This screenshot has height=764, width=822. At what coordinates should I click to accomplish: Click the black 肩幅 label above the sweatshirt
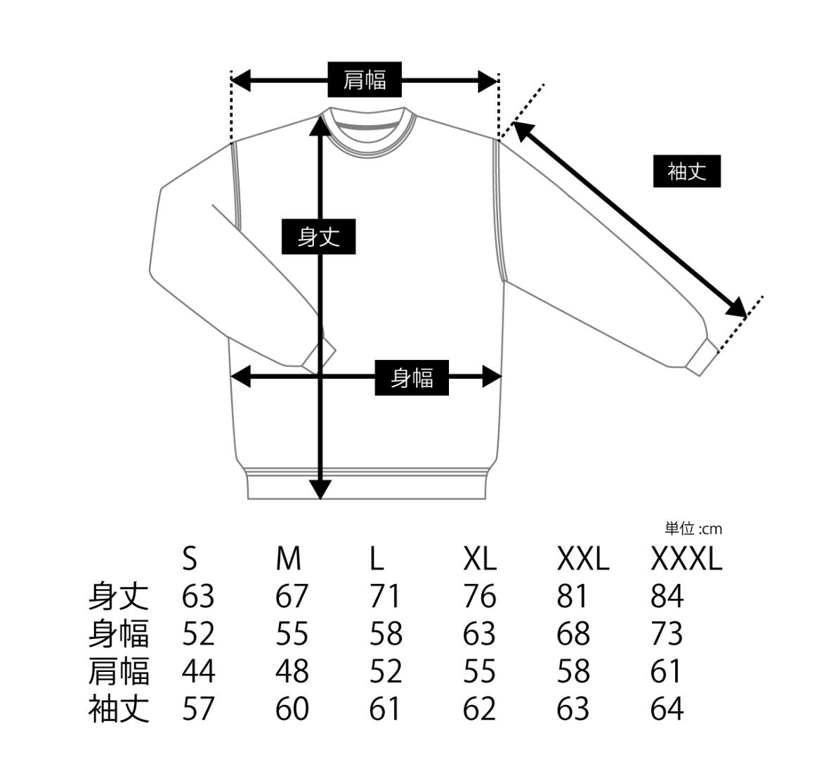[x=365, y=79]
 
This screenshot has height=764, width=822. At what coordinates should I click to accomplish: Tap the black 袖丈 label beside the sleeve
[x=686, y=171]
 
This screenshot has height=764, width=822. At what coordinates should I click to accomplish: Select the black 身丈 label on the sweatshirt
[x=318, y=237]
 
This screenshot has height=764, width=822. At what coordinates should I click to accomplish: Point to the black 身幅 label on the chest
[x=411, y=377]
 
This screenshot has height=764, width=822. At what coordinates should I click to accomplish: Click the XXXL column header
[x=686, y=560]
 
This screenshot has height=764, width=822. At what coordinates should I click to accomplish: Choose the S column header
[x=190, y=560]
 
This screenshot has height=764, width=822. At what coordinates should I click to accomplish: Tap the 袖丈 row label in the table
[x=119, y=708]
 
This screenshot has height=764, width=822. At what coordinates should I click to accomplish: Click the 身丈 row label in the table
[x=119, y=597]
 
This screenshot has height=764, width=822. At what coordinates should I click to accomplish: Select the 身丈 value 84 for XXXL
[x=667, y=597]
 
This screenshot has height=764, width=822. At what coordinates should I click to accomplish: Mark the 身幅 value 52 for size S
[x=198, y=634]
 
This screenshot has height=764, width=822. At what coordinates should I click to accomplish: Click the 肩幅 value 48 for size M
[x=292, y=671]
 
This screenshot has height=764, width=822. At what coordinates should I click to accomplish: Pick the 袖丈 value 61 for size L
[x=386, y=708]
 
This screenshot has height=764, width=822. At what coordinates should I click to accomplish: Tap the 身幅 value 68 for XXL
[x=573, y=634]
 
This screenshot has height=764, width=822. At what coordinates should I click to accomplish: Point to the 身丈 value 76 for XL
[x=479, y=597]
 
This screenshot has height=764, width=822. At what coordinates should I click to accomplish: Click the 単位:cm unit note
[x=693, y=529]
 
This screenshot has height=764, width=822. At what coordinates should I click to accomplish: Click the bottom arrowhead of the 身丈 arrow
[x=320, y=489]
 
